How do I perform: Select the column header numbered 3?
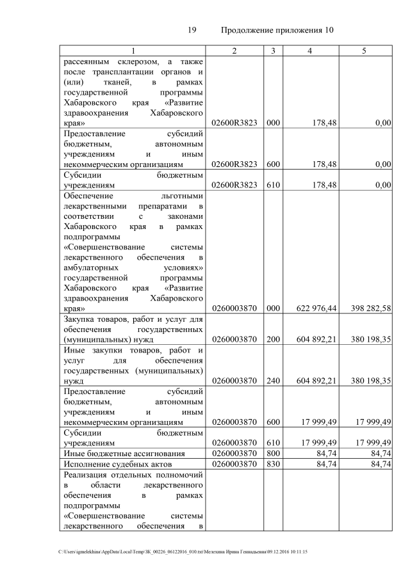(x=272, y=51)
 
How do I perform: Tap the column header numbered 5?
(x=364, y=51)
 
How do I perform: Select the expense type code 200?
(x=272, y=340)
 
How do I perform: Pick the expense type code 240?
(x=272, y=381)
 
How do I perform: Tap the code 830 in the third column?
(x=272, y=464)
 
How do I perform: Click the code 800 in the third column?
(x=272, y=454)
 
